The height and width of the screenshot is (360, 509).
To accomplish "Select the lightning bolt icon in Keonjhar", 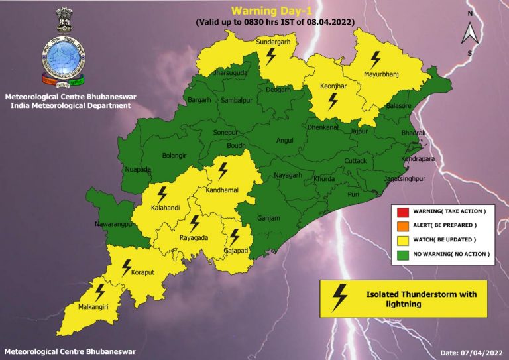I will (x=333, y=101).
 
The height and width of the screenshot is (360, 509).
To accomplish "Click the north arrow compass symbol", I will (x=469, y=32).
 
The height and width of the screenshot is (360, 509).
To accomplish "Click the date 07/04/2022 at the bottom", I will (x=472, y=351).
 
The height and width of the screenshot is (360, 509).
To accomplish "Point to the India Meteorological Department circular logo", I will (x=65, y=59).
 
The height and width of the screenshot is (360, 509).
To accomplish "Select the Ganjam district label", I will (x=269, y=218).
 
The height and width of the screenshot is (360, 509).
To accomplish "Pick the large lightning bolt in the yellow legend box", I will (x=339, y=297).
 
